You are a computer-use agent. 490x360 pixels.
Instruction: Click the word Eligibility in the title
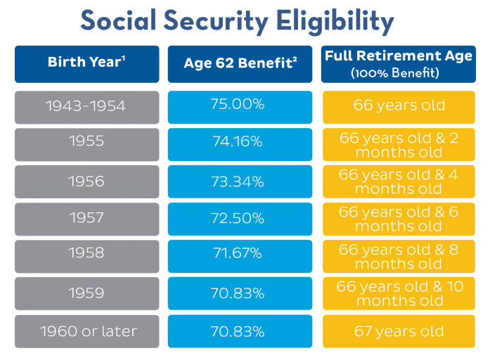click(x=335, y=21)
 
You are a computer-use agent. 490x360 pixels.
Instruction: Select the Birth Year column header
click(x=87, y=64)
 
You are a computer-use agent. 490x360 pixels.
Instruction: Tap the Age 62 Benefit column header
click(x=240, y=64)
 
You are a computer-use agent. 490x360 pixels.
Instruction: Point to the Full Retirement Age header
click(x=399, y=64)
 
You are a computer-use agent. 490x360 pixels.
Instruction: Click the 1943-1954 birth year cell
click(x=87, y=107)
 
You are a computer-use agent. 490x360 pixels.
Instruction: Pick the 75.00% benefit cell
click(x=240, y=107)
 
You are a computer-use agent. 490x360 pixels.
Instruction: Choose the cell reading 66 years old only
click(x=399, y=107)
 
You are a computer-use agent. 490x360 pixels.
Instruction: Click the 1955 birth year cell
click(x=87, y=144)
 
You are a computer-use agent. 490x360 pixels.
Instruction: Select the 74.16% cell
click(x=240, y=144)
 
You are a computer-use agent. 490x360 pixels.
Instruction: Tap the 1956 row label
click(x=87, y=181)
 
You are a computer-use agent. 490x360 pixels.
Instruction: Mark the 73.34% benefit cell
click(x=240, y=181)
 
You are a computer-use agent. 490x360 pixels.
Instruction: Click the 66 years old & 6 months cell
click(x=399, y=219)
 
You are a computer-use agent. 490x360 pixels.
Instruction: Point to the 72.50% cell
click(x=240, y=219)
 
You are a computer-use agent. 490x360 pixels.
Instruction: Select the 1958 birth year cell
click(x=87, y=256)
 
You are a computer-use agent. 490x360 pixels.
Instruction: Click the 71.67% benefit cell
click(x=240, y=256)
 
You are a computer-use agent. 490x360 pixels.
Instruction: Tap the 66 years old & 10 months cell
click(x=399, y=293)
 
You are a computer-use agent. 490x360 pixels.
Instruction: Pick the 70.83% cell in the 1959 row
click(x=240, y=293)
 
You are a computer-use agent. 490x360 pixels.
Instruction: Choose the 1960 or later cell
click(x=87, y=331)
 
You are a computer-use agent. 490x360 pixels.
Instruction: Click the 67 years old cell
click(x=399, y=331)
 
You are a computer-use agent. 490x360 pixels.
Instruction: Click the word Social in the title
click(x=118, y=20)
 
